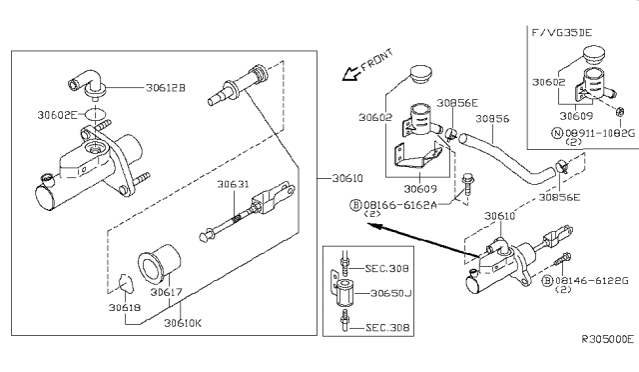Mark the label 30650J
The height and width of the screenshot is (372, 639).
click(390, 294)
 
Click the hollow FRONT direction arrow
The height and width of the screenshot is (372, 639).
click(349, 73)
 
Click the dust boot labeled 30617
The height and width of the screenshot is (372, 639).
click(159, 265)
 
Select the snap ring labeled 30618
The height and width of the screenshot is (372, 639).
click(118, 285)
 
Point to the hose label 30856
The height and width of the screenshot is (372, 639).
click(493, 118)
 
